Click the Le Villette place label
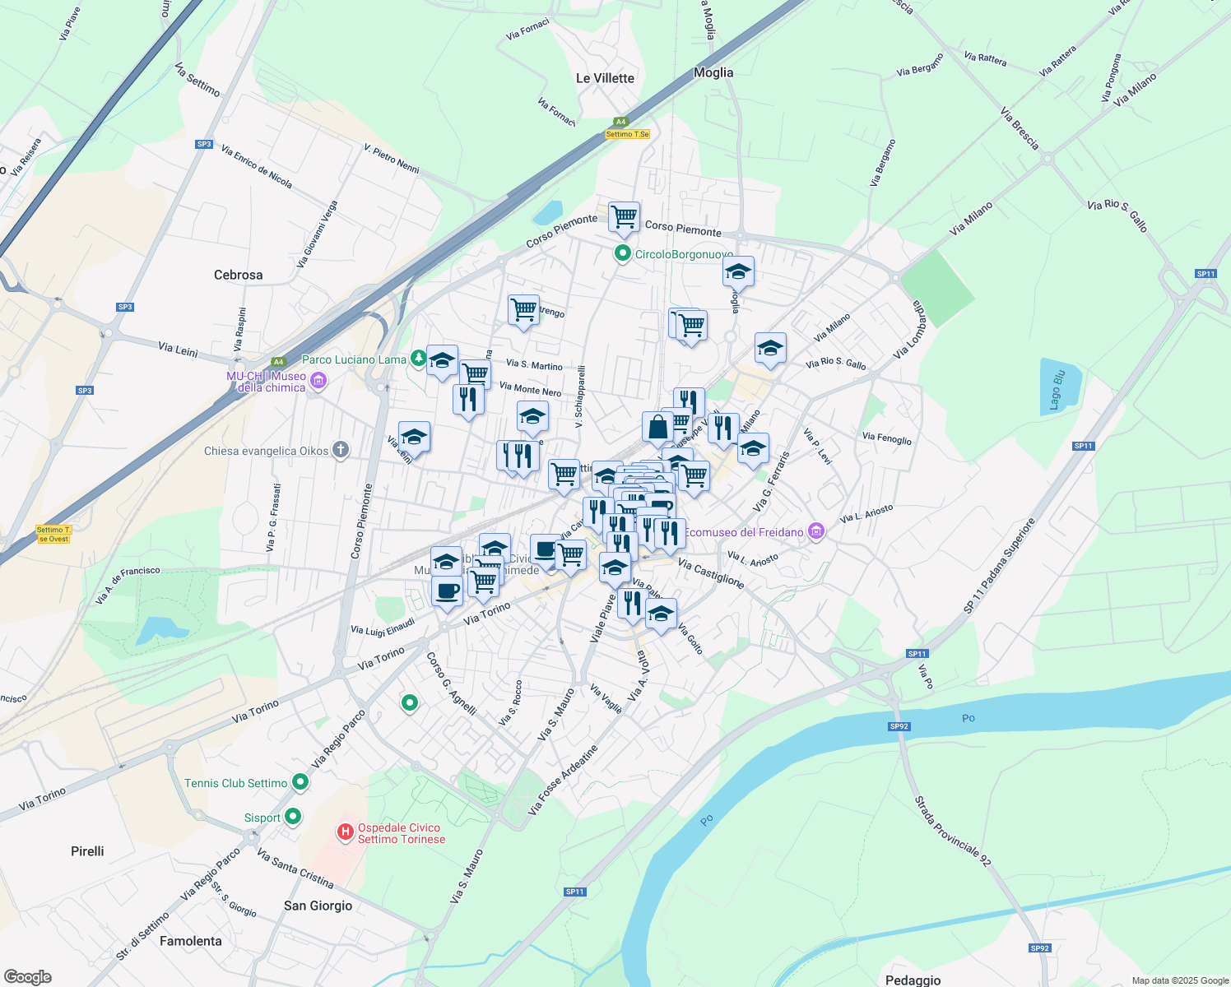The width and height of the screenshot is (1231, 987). point(605,78)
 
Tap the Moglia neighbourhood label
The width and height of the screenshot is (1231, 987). point(713,72)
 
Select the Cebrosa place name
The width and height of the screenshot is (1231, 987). point(238,275)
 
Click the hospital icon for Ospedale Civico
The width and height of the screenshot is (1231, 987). point(346,833)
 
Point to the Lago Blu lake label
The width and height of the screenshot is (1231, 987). point(1057,390)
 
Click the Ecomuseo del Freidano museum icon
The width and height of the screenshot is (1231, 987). point(815,532)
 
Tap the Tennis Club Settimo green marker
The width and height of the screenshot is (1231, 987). point(300,783)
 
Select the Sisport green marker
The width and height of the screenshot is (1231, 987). point(292,818)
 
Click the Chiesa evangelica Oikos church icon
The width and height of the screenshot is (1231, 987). point(341,450)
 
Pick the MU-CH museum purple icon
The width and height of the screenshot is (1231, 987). point(318,381)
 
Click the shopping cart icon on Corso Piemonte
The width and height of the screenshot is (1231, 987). point(624,217)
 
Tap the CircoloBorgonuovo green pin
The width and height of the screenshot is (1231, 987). point(623,253)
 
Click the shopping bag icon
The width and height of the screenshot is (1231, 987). point(658,428)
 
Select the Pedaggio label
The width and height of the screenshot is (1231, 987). point(913,980)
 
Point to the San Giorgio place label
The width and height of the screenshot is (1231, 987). point(318,906)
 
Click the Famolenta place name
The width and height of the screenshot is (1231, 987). point(191,941)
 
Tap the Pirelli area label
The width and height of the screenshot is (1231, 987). point(87,851)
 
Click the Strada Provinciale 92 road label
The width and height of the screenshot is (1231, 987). point(953,831)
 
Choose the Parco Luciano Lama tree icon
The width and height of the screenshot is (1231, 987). point(419,359)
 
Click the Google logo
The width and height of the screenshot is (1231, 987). point(27,976)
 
